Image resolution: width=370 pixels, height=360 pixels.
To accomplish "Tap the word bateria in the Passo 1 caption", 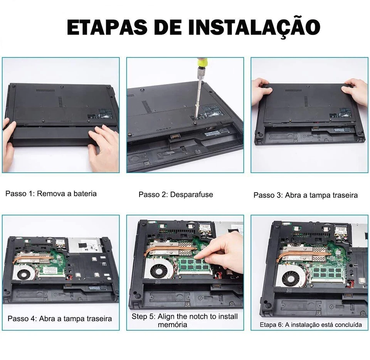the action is [x=85, y=193].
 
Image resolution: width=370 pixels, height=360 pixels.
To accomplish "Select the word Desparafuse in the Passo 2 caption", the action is [x=192, y=195].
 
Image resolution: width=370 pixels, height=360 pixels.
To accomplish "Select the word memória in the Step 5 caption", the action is [x=173, y=325].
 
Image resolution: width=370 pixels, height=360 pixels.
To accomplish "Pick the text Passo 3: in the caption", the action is [x=268, y=195].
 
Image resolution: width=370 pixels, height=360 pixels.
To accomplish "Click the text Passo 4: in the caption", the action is [x=22, y=319].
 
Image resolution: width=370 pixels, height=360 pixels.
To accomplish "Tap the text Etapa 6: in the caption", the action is [x=271, y=325].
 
